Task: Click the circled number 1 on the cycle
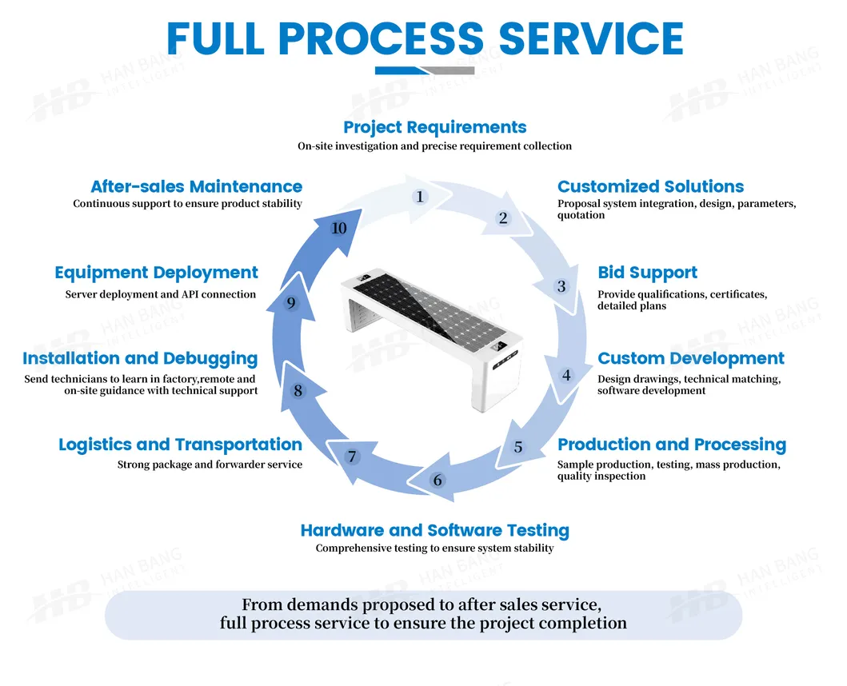(420, 197)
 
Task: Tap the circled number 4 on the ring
(566, 375)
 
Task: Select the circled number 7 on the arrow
(352, 457)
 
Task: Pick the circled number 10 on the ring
(339, 229)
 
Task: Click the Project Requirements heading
(434, 127)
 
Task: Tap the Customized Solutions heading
(650, 186)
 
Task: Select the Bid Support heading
(647, 273)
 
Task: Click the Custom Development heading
(690, 358)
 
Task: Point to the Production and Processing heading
(671, 445)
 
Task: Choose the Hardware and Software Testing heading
(434, 530)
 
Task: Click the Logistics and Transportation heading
(180, 445)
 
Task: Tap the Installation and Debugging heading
(140, 358)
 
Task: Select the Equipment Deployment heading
(156, 273)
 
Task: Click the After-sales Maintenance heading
(196, 186)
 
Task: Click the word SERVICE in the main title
(591, 38)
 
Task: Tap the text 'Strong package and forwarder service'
(210, 465)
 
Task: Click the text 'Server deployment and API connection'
(161, 294)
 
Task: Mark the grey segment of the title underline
(452, 70)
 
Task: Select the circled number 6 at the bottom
(437, 481)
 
